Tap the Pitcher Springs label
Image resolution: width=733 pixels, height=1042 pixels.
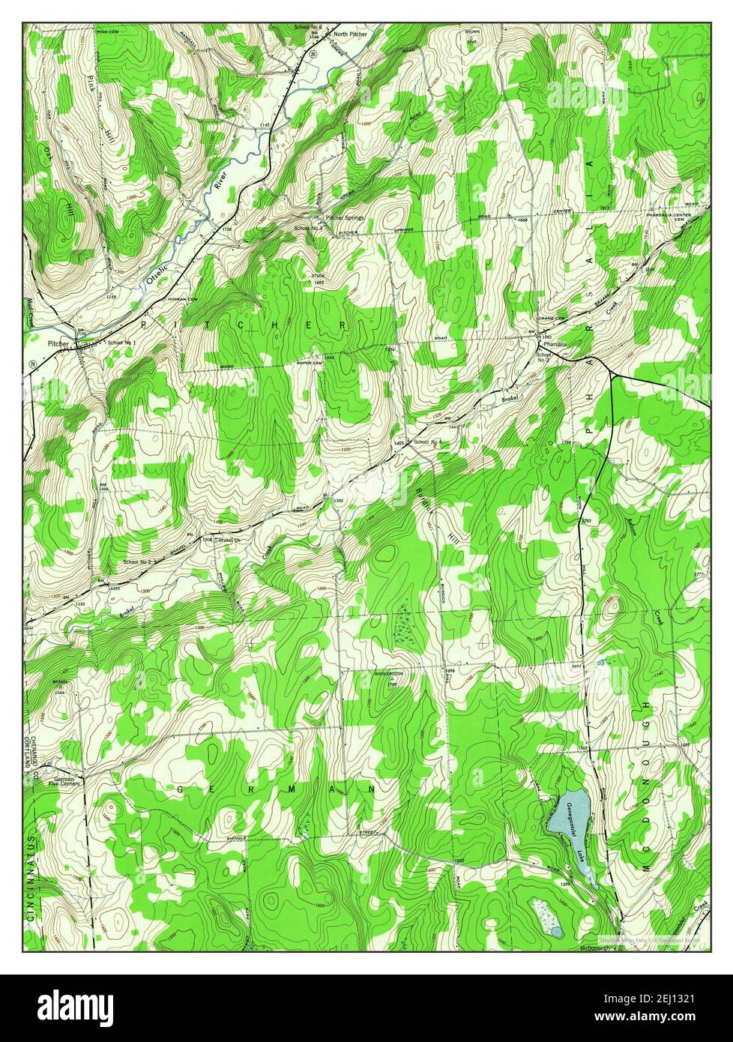(345, 218)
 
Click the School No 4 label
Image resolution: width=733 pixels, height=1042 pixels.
(429, 442)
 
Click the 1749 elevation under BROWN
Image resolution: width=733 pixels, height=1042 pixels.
(471, 43)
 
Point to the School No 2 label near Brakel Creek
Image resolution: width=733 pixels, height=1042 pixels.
(138, 561)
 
